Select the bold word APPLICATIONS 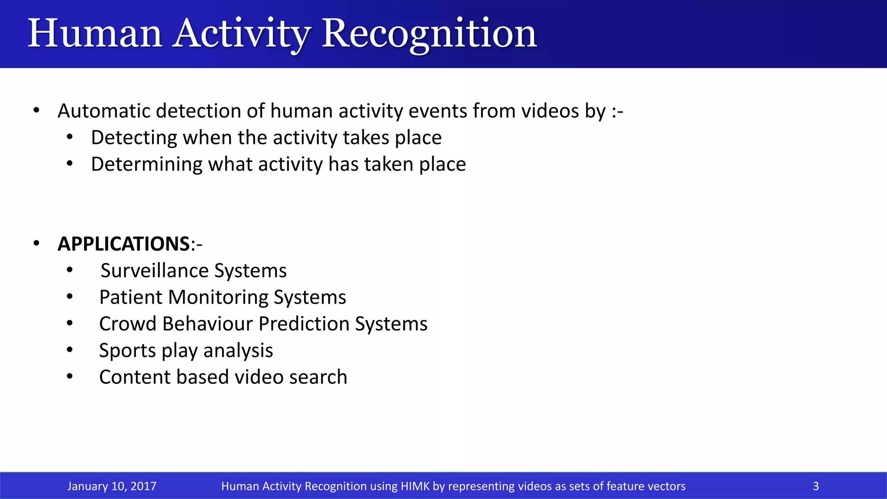(123, 244)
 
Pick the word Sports (127, 351)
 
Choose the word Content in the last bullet (134, 377)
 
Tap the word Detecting (134, 138)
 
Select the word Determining (146, 165)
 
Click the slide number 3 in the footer (816, 486)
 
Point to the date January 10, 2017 (112, 486)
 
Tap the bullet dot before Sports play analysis (70, 350)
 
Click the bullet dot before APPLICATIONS (36, 244)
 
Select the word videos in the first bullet (549, 111)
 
